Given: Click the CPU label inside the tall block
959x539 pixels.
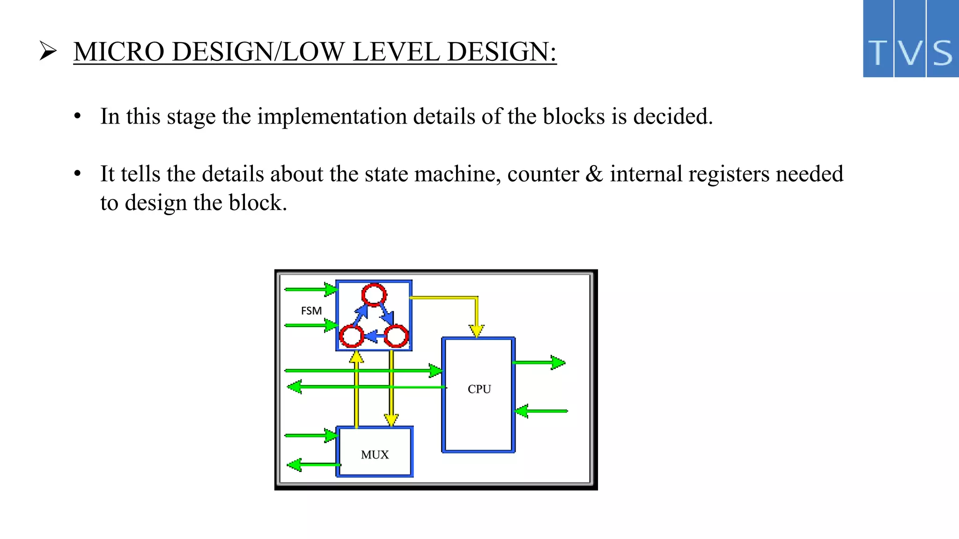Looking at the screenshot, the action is [479, 389].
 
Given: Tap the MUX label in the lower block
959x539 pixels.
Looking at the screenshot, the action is [375, 455].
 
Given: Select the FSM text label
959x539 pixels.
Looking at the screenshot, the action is [311, 311].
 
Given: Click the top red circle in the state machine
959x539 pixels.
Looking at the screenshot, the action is [374, 295].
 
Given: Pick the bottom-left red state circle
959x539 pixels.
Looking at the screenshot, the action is [351, 336].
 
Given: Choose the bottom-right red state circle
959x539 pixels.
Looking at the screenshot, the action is [396, 336].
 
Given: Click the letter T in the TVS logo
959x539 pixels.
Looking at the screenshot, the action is [878, 52].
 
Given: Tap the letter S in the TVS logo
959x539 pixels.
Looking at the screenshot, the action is [943, 52].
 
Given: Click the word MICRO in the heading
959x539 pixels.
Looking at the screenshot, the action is [119, 51].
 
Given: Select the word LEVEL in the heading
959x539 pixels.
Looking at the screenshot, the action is [396, 51].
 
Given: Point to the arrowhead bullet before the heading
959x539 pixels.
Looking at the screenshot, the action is [48, 51].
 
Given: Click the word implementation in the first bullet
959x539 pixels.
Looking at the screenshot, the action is [332, 116].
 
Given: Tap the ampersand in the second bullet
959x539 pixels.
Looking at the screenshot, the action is [594, 174].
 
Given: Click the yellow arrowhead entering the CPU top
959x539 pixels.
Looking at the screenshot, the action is [476, 331].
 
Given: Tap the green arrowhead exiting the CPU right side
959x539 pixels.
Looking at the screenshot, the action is [558, 363].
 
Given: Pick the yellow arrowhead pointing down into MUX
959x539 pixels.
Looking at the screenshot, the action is [391, 420].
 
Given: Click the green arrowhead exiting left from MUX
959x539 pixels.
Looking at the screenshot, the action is [295, 465].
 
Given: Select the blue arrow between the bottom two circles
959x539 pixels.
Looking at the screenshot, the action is [374, 336].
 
